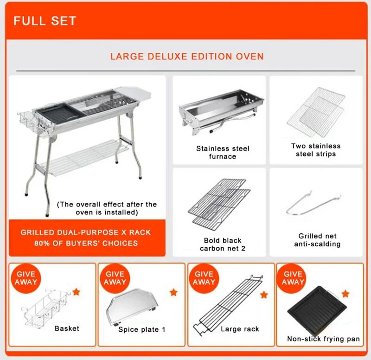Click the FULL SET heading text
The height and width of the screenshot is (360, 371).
coord(45,21)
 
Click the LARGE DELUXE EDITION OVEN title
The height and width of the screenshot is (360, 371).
coord(186,57)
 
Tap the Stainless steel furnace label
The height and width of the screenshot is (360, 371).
coord(222,153)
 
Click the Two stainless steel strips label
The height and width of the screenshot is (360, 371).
coord(316,150)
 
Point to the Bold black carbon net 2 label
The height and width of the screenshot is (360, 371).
coord(223,244)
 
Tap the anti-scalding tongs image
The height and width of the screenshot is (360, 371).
coord(313,204)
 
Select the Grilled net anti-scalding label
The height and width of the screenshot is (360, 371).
coord(317,240)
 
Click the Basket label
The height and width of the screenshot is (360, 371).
coord(67,328)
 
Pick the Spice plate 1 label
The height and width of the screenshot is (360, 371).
coord(141,329)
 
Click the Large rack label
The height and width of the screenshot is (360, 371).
coord(240,329)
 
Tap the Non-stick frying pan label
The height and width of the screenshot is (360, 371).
coord(323,339)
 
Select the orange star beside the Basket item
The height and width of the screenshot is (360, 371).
coord(77,292)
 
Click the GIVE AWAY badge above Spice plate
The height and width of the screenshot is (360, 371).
coord(115,278)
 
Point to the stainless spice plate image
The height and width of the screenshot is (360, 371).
coord(132,306)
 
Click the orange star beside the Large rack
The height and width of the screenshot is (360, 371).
coord(264,294)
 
